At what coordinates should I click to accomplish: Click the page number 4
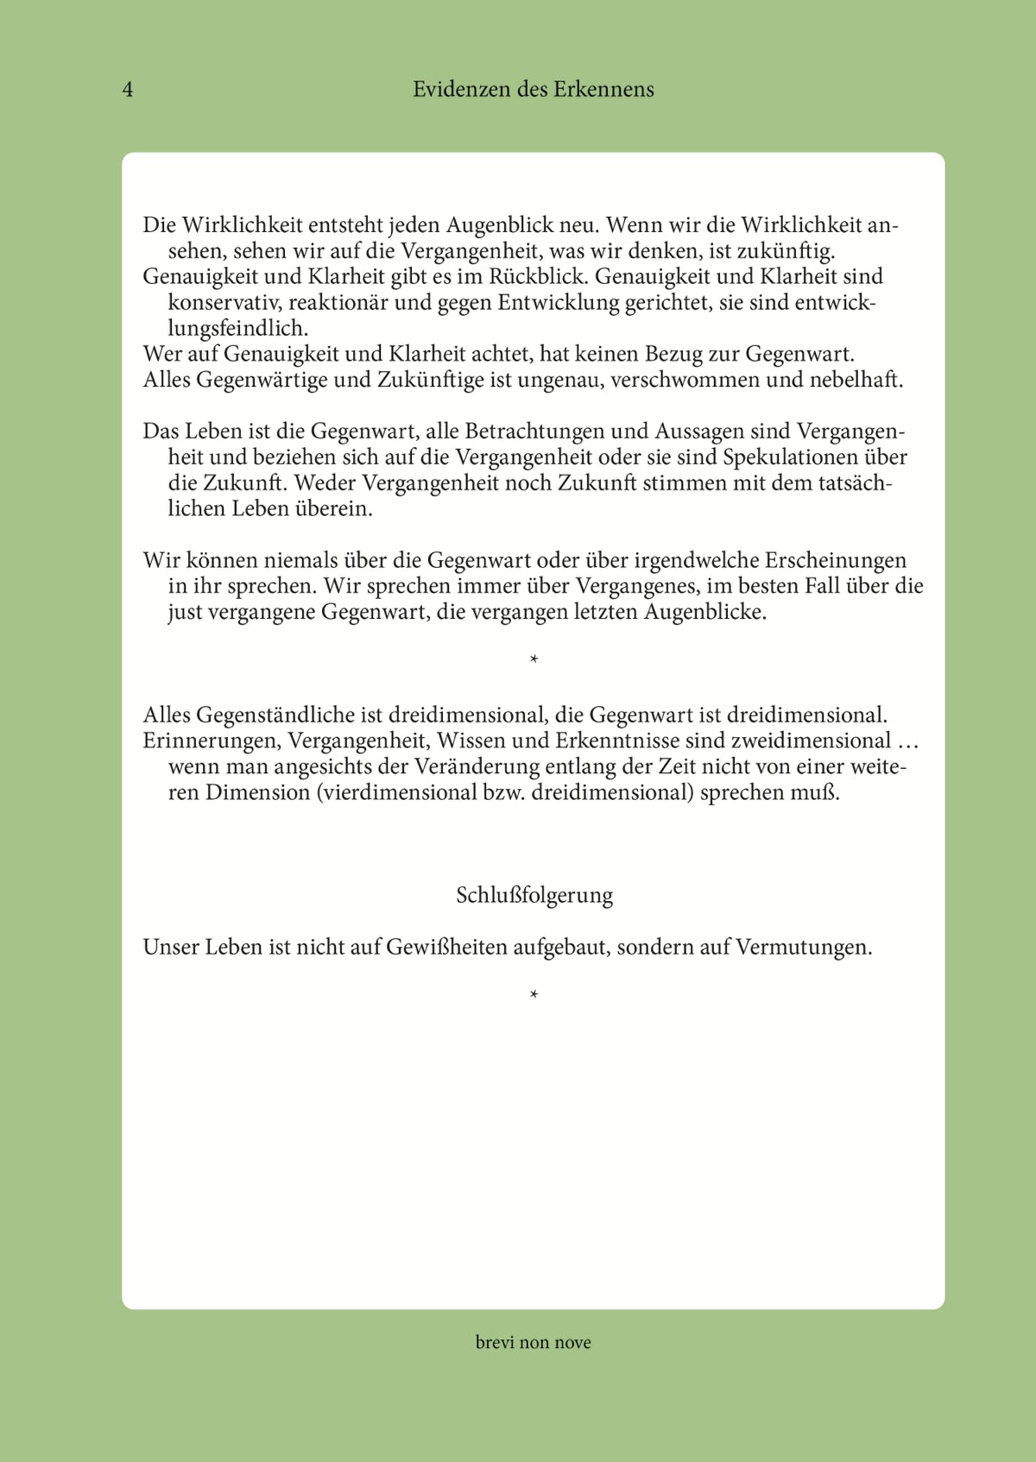pos(128,90)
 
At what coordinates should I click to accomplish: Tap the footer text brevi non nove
pos(533,1342)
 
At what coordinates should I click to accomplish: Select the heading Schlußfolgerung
pos(534,895)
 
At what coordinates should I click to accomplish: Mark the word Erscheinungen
pos(836,561)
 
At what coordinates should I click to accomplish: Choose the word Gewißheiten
pos(446,948)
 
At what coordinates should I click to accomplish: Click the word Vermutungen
pos(803,948)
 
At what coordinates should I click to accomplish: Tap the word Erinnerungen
pos(212,741)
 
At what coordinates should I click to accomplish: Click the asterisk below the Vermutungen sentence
pos(534,995)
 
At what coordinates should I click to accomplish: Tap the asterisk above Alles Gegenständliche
pos(534,660)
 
